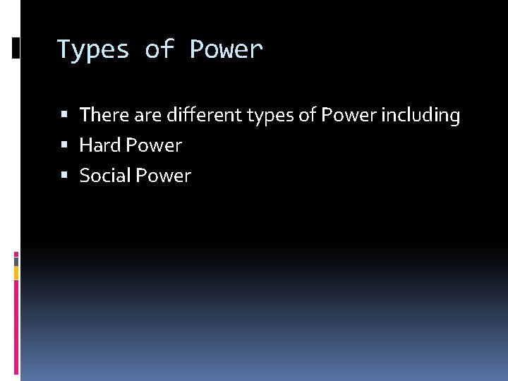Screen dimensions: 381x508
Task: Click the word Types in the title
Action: (92, 50)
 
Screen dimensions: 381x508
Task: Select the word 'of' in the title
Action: (159, 50)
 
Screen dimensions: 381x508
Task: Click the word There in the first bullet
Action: (104, 115)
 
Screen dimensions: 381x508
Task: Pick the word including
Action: (421, 115)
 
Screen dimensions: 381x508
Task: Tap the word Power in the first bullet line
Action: (349, 115)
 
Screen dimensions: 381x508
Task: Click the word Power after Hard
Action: (153, 145)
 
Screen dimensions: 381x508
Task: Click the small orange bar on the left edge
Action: (16, 272)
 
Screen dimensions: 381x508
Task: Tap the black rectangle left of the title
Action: (16, 48)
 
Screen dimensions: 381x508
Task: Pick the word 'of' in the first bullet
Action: (308, 115)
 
